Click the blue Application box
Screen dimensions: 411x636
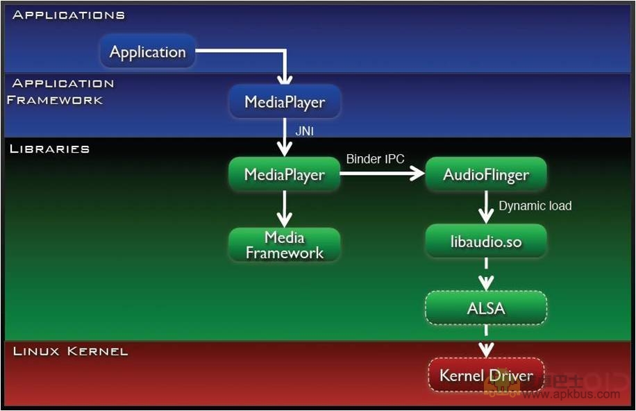148,52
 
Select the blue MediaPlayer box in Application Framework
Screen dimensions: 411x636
285,102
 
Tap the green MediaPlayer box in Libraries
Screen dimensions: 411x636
285,174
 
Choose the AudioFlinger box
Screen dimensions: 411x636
485,174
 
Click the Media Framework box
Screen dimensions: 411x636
285,245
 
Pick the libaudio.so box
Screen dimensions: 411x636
485,242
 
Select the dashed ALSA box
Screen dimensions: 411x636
485,308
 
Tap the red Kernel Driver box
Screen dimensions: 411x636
485,376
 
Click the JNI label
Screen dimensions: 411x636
305,131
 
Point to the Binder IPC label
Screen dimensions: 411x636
375,159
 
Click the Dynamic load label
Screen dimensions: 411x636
535,205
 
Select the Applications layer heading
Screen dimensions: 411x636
69,15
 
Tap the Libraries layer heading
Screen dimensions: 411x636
49,149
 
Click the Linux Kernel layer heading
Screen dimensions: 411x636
71,351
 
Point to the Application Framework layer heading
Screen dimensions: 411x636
61,92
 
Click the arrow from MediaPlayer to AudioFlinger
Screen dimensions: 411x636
382,174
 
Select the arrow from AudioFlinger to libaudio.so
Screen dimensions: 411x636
486,207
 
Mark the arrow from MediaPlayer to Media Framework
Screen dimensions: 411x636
285,209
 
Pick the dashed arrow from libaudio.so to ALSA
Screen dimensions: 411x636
486,274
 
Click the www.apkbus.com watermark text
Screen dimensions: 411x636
571,394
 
